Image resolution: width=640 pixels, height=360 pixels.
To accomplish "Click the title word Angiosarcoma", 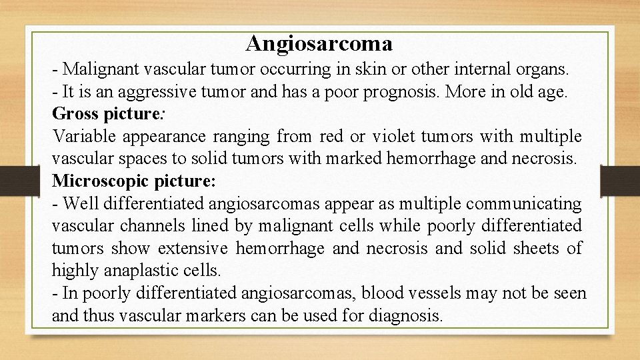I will tap(319, 43).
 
